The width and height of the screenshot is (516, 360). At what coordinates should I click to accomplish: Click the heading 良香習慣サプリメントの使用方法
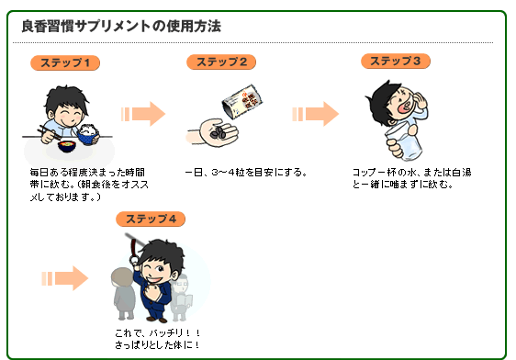point(120,26)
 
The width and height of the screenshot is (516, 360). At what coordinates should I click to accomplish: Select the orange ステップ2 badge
point(221,62)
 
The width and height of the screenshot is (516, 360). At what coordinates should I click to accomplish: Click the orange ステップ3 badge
point(395,61)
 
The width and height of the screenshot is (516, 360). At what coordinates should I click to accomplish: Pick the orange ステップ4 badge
point(151,219)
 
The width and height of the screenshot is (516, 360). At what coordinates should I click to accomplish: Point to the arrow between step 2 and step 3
point(315,114)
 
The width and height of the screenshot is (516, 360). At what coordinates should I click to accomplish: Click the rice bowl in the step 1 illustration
point(87,136)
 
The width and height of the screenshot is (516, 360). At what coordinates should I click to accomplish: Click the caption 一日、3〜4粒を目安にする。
point(245,172)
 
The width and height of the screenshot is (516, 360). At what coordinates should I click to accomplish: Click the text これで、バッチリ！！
point(157,332)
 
